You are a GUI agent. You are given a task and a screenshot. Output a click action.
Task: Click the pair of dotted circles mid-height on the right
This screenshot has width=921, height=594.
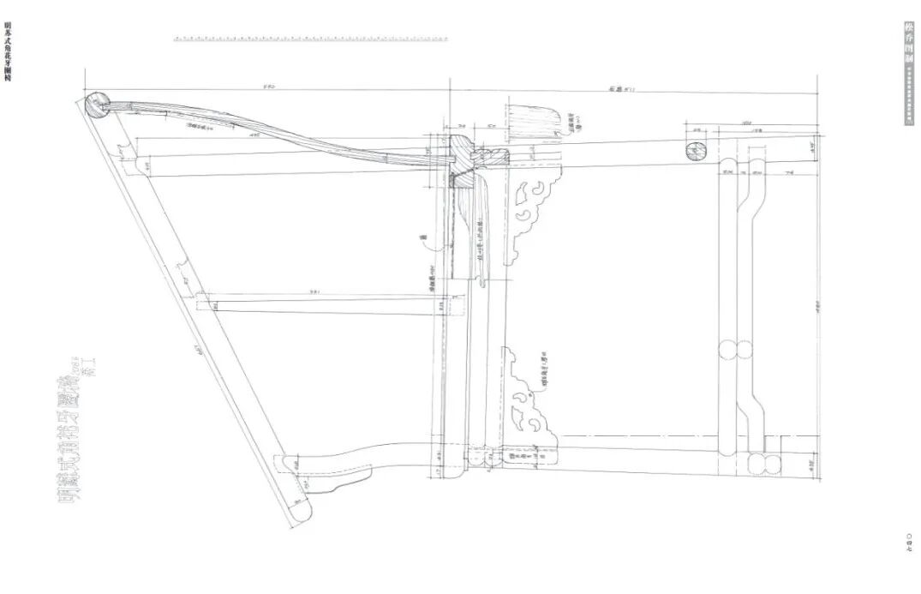733,352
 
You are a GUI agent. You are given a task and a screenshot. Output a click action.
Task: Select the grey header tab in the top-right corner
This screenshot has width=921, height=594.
909,74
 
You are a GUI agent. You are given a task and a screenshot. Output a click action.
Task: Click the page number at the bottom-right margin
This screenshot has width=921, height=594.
909,542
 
